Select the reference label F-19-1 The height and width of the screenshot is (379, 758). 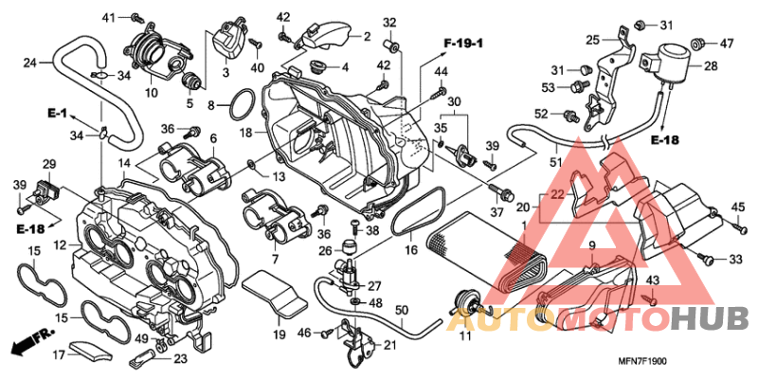(x=463, y=43)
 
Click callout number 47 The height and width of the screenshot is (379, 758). (x=727, y=43)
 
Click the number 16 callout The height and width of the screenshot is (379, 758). (x=411, y=250)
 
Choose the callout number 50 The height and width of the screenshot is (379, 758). (x=401, y=310)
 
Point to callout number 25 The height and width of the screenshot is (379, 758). (x=593, y=40)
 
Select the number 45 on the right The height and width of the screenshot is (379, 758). (x=739, y=208)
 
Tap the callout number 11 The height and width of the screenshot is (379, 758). (x=464, y=336)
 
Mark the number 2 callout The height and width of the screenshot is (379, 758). (x=366, y=36)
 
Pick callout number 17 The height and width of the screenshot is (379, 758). (x=59, y=356)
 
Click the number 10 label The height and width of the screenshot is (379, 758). (x=152, y=93)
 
